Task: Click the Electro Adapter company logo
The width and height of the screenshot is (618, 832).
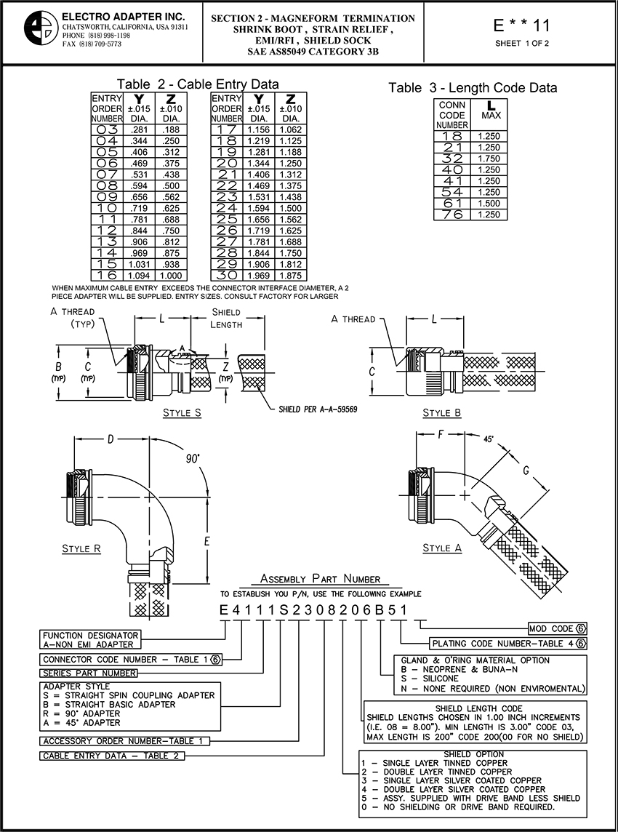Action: pyautogui.click(x=41, y=28)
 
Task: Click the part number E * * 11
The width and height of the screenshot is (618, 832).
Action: pyautogui.click(x=521, y=25)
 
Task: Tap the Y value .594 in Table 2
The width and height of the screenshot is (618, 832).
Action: pyautogui.click(x=140, y=185)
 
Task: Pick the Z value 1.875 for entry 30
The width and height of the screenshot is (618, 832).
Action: pyautogui.click(x=289, y=276)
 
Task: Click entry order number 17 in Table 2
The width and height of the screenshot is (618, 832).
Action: pyautogui.click(x=227, y=129)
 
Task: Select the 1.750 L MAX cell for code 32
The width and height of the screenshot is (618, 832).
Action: pyautogui.click(x=489, y=158)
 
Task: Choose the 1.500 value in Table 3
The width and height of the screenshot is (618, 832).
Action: pyautogui.click(x=489, y=203)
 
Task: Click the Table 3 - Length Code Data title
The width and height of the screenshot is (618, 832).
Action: pyautogui.click(x=472, y=87)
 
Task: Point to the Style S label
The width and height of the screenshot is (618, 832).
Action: pyautogui.click(x=182, y=412)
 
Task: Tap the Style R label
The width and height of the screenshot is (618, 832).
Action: pyautogui.click(x=81, y=548)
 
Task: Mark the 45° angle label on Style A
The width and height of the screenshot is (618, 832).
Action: pyautogui.click(x=489, y=439)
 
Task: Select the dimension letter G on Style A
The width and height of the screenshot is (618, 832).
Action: pyautogui.click(x=526, y=470)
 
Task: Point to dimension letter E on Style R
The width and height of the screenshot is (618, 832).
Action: pyautogui.click(x=207, y=541)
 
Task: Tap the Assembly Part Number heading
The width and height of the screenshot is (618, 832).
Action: pyautogui.click(x=321, y=578)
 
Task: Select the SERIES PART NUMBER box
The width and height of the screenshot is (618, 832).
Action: pyautogui.click(x=89, y=673)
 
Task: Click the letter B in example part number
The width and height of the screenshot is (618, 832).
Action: pyautogui.click(x=380, y=610)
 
